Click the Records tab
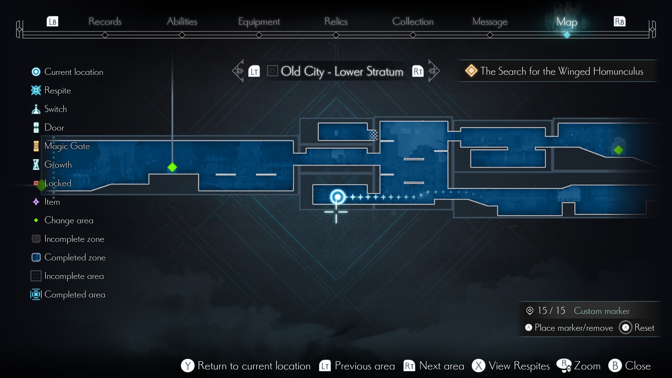(105, 21)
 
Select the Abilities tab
(182, 21)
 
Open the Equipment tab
(259, 22)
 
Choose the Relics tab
(336, 21)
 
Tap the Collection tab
(413, 21)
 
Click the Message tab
(490, 22)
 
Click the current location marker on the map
(337, 197)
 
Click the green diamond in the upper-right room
(618, 150)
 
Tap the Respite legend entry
(57, 90)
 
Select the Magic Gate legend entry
(67, 146)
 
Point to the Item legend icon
(36, 202)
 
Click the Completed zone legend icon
(36, 257)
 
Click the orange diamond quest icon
(471, 71)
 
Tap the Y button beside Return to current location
(188, 366)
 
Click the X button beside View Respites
(478, 366)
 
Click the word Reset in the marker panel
(644, 328)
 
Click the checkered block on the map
(373, 135)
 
